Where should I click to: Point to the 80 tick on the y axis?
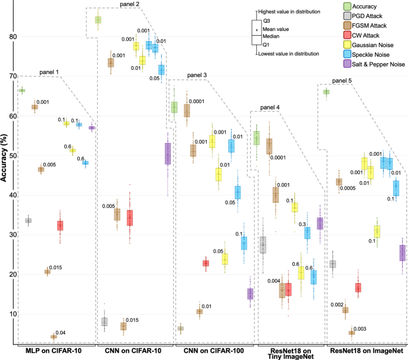coord(12,37)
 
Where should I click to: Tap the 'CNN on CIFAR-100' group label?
coord(206,352)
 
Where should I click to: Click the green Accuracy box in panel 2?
coord(98,20)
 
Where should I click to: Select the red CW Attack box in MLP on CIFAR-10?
coord(60,225)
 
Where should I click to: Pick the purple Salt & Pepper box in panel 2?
coord(168,153)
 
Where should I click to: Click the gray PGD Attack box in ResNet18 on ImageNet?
coord(333,263)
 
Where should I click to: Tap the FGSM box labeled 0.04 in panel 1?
coord(54,337)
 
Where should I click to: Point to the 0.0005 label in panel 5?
coord(351,188)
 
